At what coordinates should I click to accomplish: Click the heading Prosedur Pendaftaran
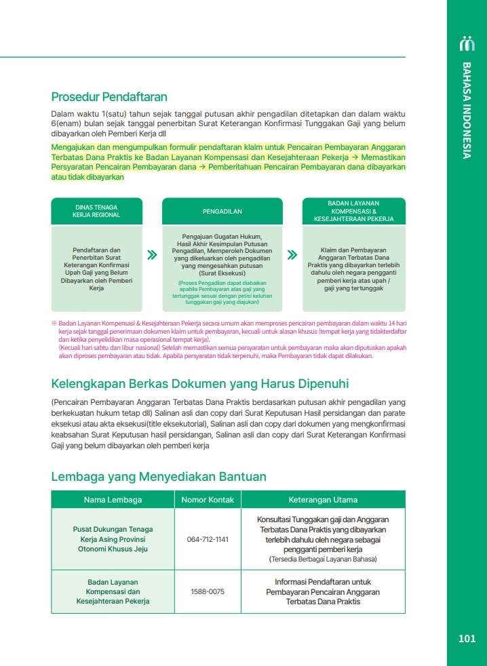click(109, 97)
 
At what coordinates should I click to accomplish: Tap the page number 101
click(467, 638)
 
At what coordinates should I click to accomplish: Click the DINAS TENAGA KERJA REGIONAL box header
click(96, 211)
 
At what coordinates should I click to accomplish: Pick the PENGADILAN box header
click(222, 212)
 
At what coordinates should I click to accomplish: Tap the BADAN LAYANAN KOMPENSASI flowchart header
click(353, 211)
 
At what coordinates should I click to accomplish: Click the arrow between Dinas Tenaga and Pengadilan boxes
click(153, 256)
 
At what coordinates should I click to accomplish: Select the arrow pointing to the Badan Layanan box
click(292, 256)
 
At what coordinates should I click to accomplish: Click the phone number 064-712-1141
click(208, 539)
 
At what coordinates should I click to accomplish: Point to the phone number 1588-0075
click(208, 591)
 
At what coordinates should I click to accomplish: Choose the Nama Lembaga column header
click(113, 500)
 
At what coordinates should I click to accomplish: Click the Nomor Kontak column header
click(208, 500)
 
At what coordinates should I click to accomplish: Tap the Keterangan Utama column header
click(323, 500)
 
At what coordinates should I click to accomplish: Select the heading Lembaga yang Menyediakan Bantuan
click(159, 477)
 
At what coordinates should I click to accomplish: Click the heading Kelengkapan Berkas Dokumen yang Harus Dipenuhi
click(200, 384)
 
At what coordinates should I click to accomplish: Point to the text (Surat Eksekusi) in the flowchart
click(222, 273)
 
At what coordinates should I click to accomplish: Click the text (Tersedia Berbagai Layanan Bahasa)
click(323, 559)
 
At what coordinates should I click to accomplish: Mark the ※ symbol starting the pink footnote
click(54, 324)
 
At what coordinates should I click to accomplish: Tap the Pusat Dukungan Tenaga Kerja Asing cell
click(113, 538)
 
